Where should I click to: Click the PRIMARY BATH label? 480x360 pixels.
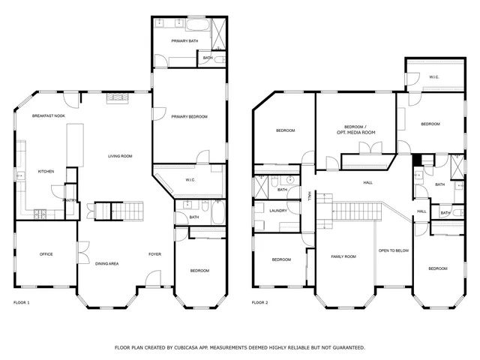click(184, 40)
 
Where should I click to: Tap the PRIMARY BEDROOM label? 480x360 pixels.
click(189, 117)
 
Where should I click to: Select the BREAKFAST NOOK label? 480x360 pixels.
click(47, 117)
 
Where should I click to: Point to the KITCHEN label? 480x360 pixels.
click(46, 172)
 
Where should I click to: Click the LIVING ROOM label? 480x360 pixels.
click(120, 156)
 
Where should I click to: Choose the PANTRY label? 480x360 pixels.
click(69, 200)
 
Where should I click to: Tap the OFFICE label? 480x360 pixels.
click(46, 254)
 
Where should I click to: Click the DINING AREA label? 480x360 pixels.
click(107, 263)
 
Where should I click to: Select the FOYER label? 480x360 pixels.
click(154, 254)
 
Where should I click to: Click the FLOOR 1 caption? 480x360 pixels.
click(22, 302)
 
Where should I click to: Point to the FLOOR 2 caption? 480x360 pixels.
click(259, 302)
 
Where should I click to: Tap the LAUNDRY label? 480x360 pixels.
click(278, 211)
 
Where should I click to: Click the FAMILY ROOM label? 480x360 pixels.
click(343, 256)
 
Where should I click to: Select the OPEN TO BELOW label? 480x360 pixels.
click(394, 250)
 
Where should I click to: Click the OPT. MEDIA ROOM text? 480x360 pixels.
click(356, 132)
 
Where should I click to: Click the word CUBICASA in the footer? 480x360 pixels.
click(189, 348)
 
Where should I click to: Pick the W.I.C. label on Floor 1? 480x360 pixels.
click(190, 180)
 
